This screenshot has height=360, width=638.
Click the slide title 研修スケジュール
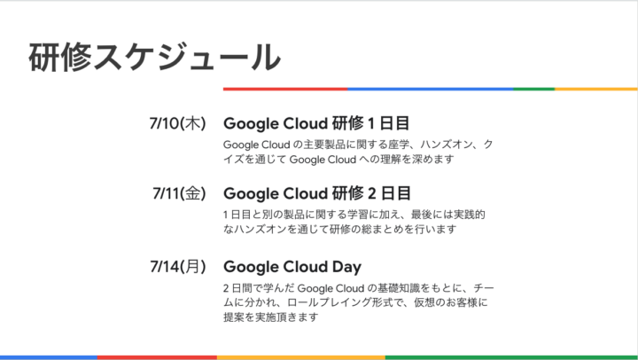[x=154, y=57]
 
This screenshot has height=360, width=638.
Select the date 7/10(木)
[x=178, y=123]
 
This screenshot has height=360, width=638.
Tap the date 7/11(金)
[x=179, y=193]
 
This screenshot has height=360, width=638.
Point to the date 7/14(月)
[x=178, y=266]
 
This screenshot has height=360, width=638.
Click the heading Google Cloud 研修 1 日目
[x=316, y=123]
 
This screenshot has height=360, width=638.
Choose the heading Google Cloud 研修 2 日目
[x=317, y=193]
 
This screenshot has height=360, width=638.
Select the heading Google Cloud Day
[x=292, y=267]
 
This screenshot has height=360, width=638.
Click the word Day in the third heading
[x=346, y=267]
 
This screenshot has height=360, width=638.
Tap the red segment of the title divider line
[x=285, y=89]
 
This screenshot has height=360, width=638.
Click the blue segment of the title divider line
[x=431, y=89]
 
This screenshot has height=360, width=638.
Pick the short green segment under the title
[x=533, y=89]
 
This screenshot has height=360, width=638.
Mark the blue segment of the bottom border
[x=49, y=357]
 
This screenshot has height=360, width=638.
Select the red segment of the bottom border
[x=157, y=357]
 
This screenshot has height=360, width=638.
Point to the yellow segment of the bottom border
[x=301, y=357]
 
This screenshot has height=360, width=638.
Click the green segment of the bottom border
[x=511, y=357]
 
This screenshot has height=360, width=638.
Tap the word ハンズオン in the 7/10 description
[x=447, y=145]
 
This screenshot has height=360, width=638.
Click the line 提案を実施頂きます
[x=270, y=317]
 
